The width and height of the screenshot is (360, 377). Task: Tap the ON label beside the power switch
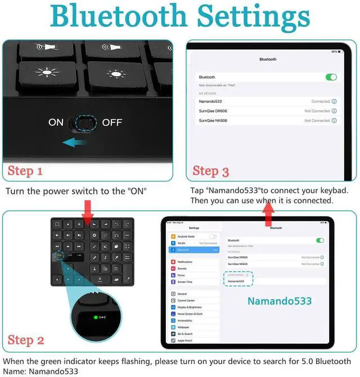coord(56,122)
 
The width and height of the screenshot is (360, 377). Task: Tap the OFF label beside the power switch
coord(112,122)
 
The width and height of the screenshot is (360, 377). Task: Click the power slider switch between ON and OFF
coord(83,122)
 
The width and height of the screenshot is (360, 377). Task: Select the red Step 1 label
coord(25,171)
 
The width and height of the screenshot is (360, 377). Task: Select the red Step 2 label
coord(26,339)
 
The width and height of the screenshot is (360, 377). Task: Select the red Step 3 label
coord(210,171)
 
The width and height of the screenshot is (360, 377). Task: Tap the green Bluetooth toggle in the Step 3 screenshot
coord(331,77)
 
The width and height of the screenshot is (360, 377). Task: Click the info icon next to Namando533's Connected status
coord(334,102)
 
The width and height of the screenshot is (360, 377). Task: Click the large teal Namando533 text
coord(280,301)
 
